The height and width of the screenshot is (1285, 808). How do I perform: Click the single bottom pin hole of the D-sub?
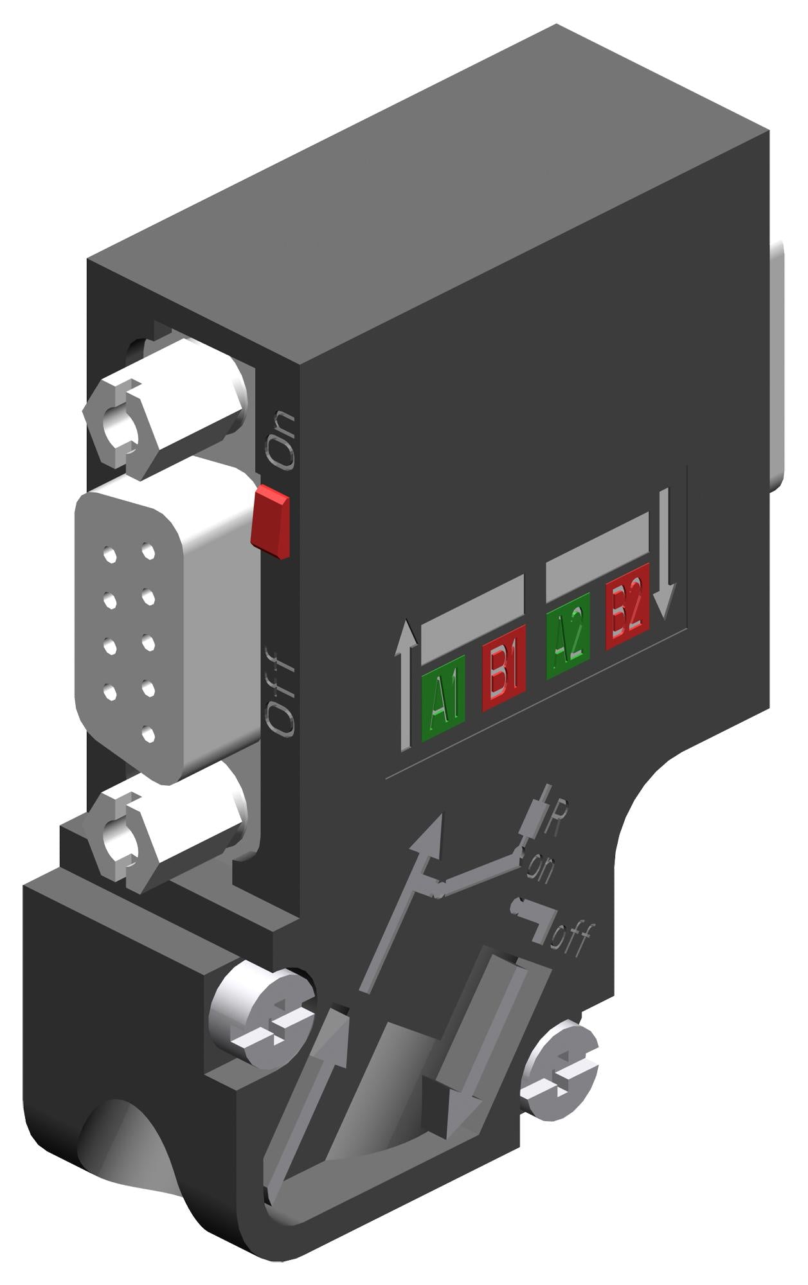(x=148, y=732)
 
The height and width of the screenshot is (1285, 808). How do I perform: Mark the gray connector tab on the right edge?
(x=778, y=360)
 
